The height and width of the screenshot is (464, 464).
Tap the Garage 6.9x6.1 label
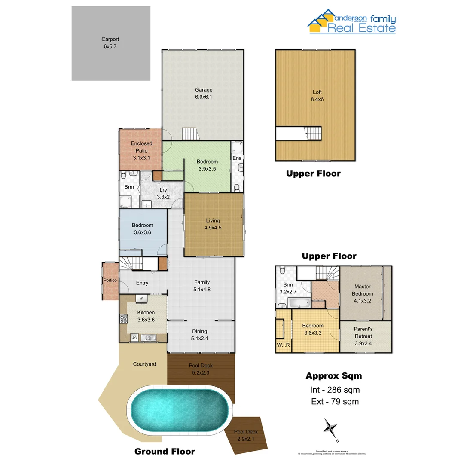pyautogui.click(x=204, y=93)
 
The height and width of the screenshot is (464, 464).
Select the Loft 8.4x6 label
pyautogui.click(x=317, y=95)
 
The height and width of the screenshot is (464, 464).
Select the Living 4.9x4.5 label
pyautogui.click(x=213, y=224)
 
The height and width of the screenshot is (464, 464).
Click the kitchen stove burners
pyautogui.click(x=124, y=319)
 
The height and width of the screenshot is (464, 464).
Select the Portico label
pyautogui.click(x=110, y=281)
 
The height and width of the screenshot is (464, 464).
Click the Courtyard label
pyautogui.click(x=144, y=364)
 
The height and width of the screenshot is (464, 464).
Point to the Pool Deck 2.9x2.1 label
pyautogui.click(x=246, y=435)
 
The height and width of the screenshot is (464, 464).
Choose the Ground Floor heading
pyautogui.click(x=165, y=451)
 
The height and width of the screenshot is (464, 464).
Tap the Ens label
pyautogui.click(x=237, y=158)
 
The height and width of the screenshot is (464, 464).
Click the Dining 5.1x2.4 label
pyautogui.click(x=199, y=334)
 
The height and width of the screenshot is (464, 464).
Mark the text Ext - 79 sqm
pyautogui.click(x=335, y=402)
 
